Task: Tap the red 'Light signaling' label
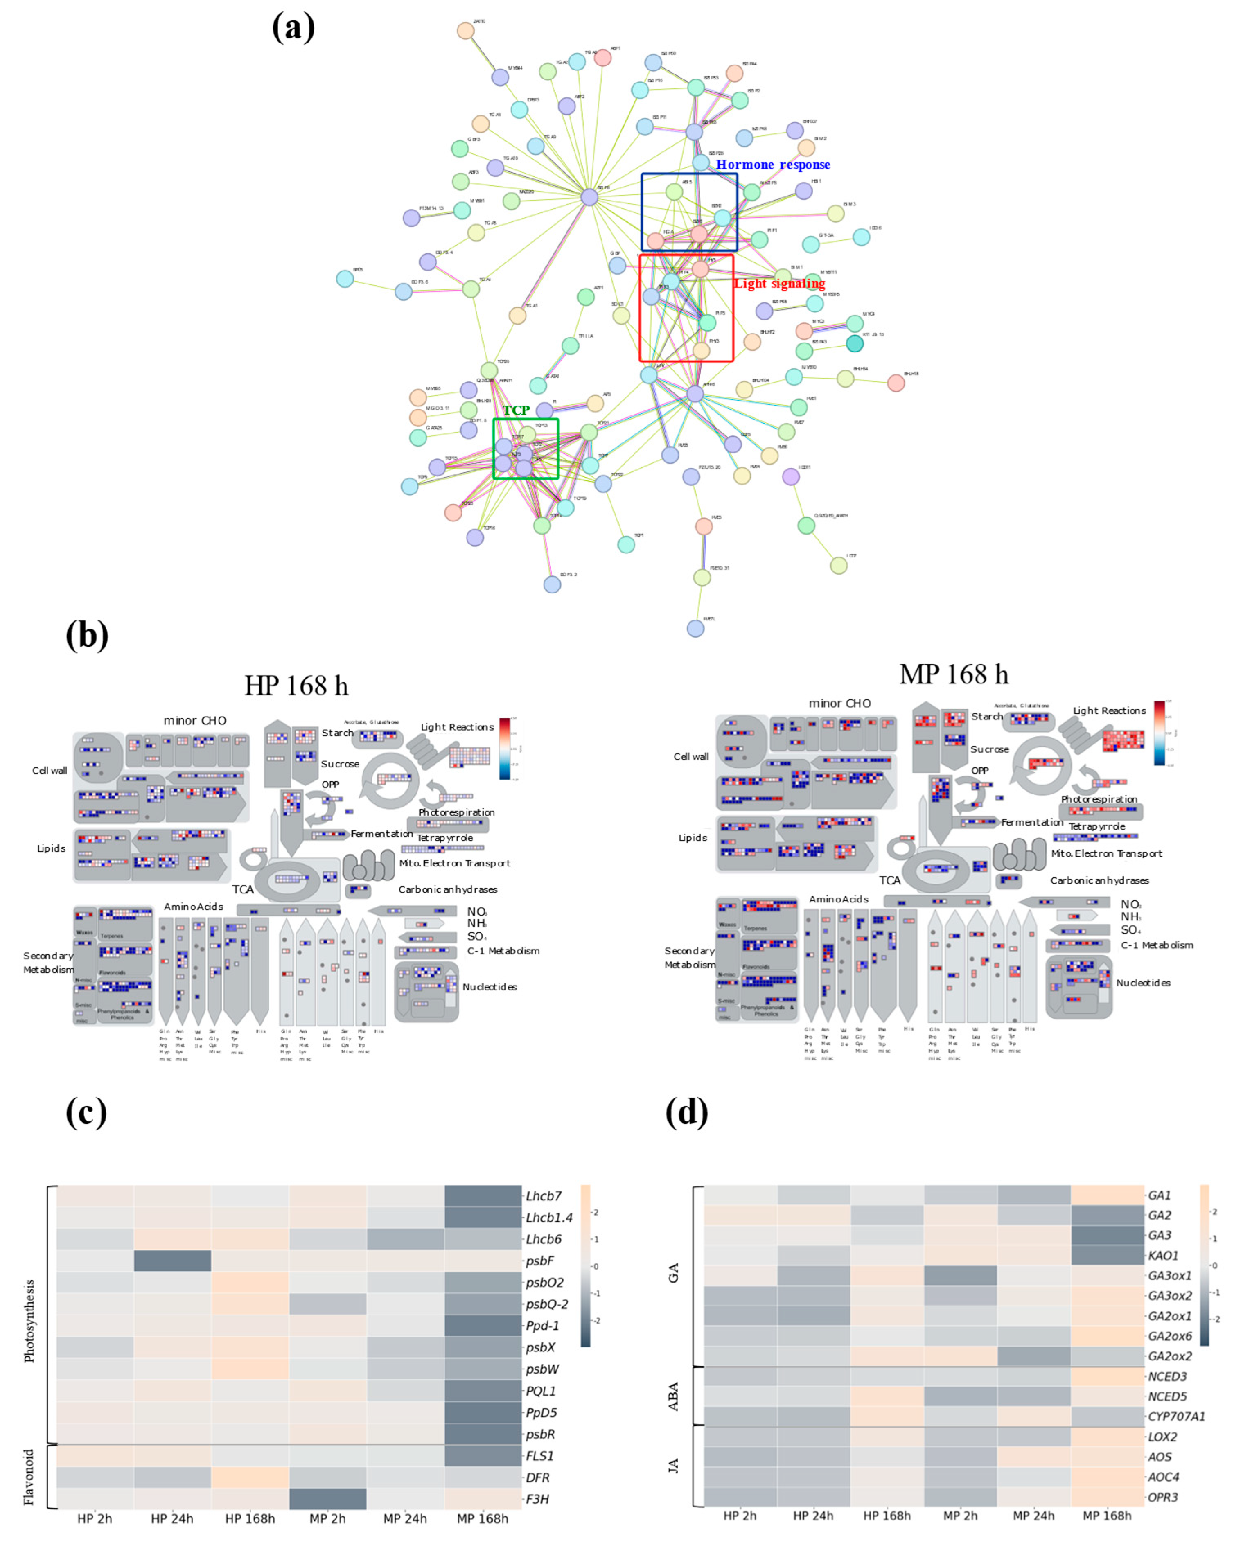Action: pos(779,284)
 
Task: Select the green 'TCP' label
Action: pos(516,410)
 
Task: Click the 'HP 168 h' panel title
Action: pos(296,686)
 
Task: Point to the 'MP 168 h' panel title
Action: pos(953,674)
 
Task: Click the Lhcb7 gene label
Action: pos(543,1196)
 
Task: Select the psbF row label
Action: pos(539,1261)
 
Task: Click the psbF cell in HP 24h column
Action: pos(172,1261)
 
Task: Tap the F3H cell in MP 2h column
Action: pos(327,1498)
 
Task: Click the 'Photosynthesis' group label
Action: pos(29,1321)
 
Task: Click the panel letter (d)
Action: pos(686,1112)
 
